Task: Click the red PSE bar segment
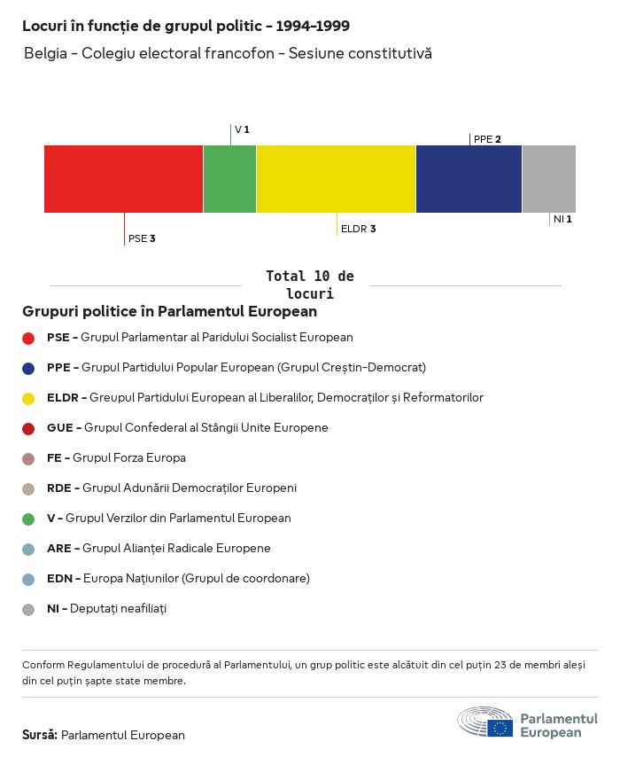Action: tap(124, 179)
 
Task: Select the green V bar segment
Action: tap(229, 179)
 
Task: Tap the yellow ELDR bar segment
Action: tap(336, 179)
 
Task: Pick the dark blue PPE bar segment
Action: tap(469, 179)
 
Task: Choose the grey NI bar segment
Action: tap(548, 179)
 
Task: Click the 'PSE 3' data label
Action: tap(142, 238)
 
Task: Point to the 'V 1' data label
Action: tap(242, 130)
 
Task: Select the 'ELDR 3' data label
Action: tap(358, 229)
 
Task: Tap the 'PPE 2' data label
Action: tap(487, 139)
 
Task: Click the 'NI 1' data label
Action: tap(562, 219)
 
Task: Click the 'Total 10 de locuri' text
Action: tap(309, 285)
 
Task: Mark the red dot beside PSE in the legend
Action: tap(28, 338)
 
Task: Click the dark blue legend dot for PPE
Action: tap(28, 368)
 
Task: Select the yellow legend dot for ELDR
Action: tap(28, 398)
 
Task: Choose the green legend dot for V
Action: tap(28, 519)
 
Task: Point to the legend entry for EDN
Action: tap(178, 579)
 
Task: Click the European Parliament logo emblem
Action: tap(485, 722)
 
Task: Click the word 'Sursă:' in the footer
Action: tap(40, 735)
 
